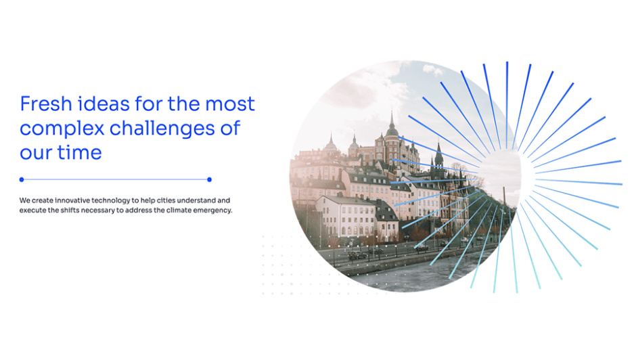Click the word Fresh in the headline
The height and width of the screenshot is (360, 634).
41,104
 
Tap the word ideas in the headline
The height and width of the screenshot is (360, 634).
97,104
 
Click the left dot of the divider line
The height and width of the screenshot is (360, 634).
22,179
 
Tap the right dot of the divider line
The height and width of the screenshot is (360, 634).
209,179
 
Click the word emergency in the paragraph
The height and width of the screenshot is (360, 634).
213,210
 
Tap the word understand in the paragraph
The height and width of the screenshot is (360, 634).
207,200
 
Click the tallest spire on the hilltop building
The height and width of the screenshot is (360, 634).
391,122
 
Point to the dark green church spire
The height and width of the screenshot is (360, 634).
438,154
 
